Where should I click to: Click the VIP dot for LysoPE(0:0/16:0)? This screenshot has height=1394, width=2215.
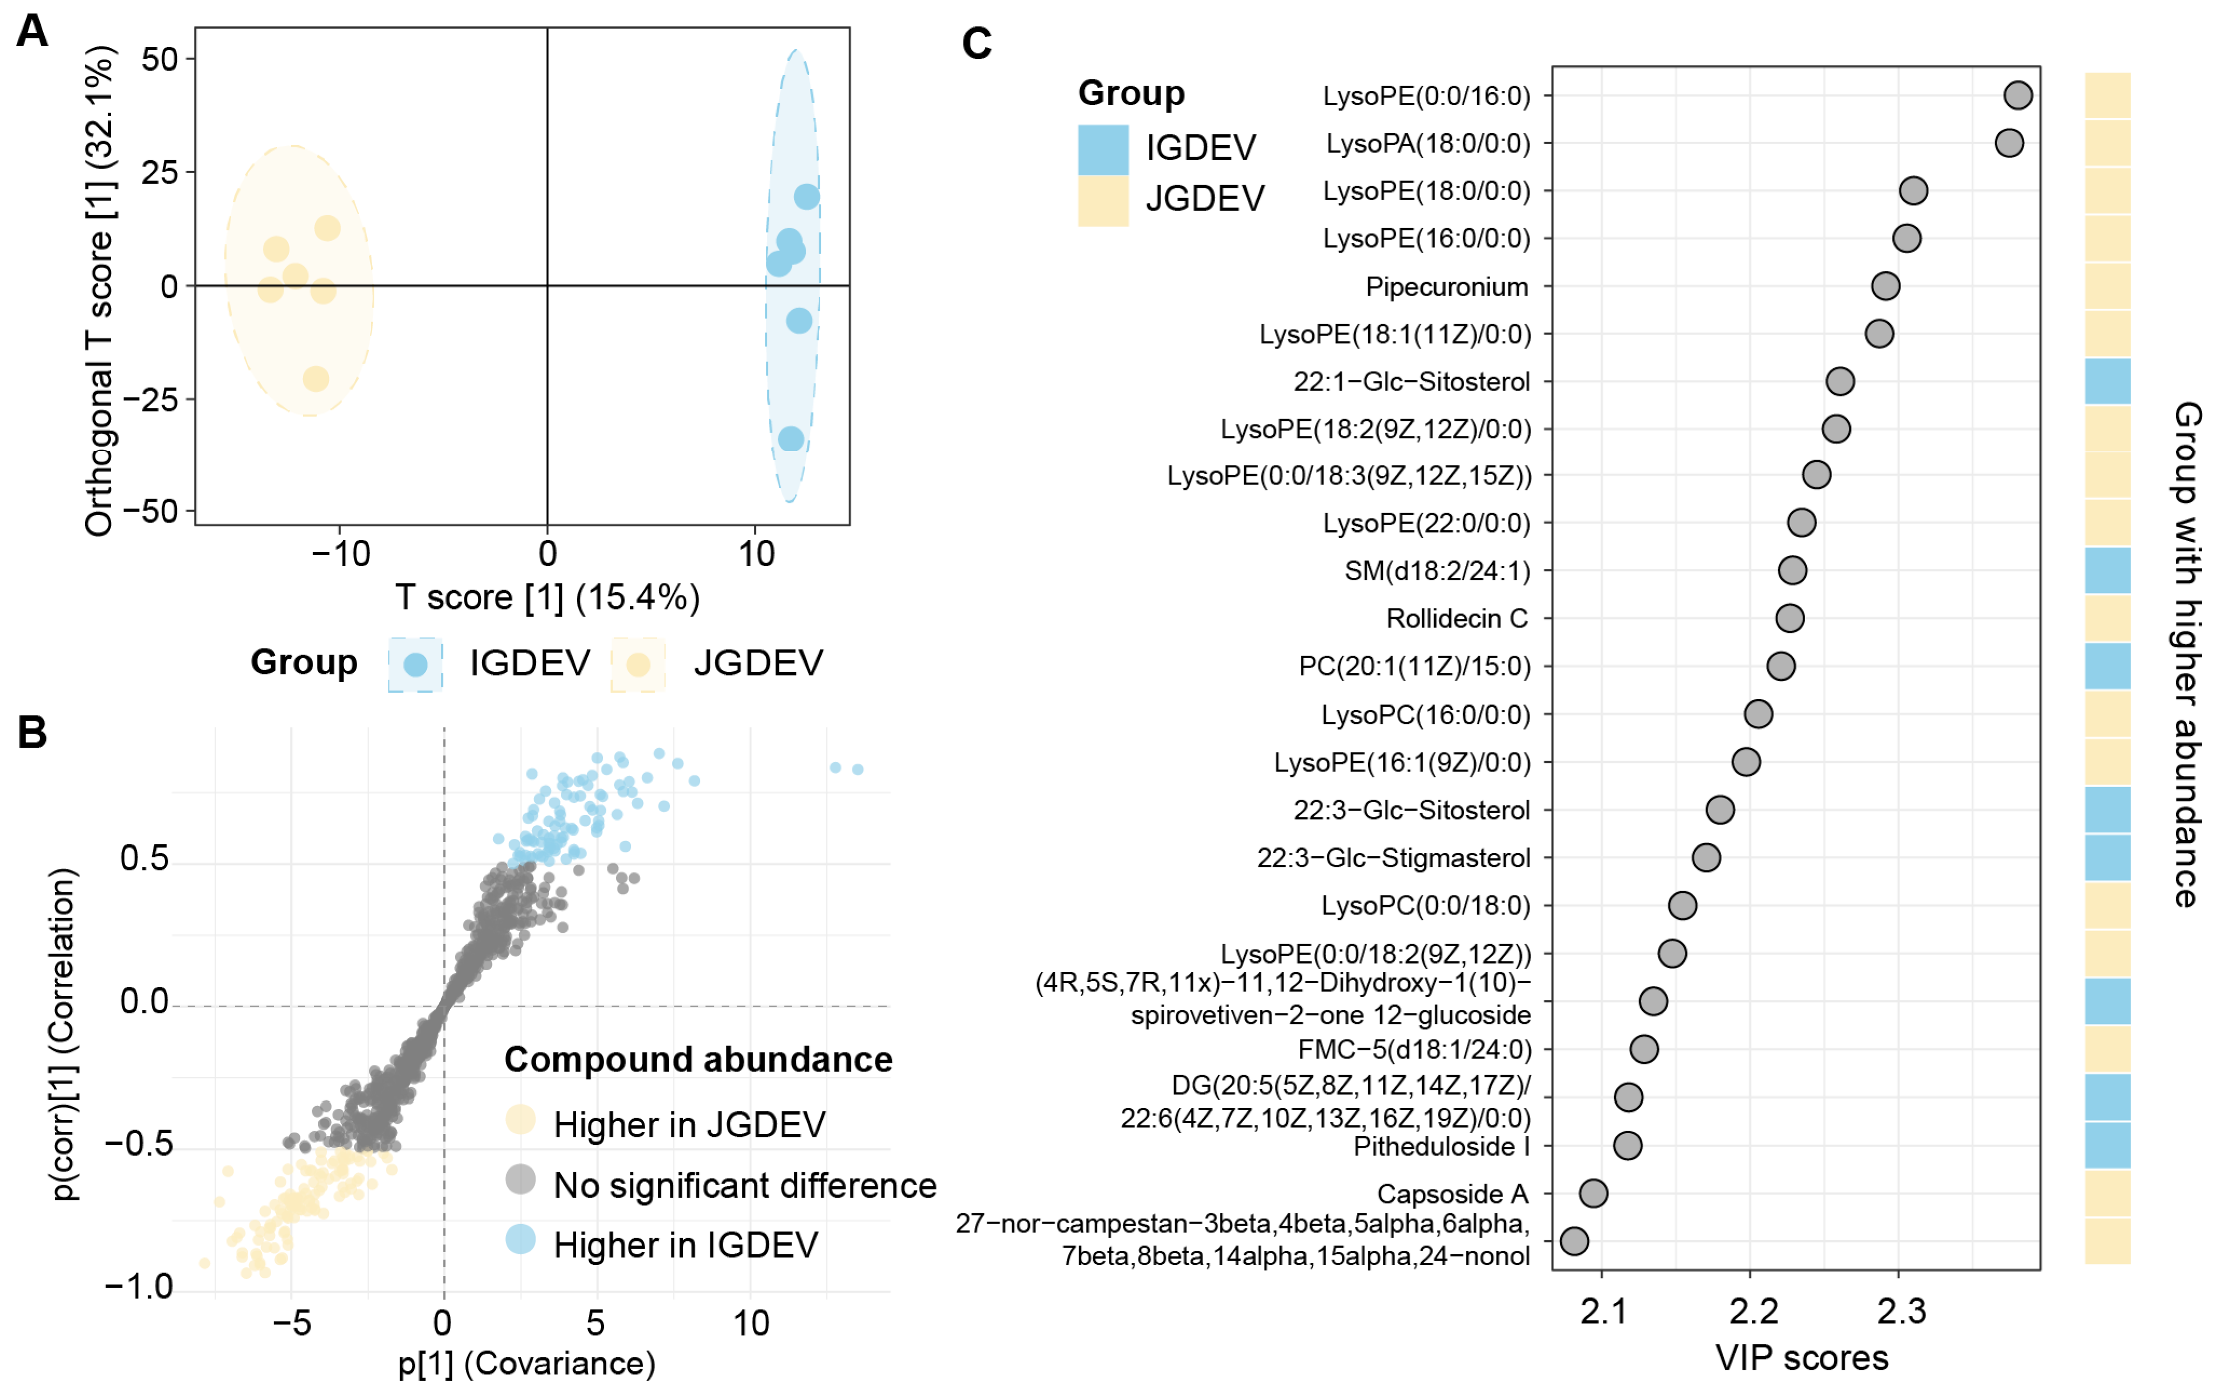2017,95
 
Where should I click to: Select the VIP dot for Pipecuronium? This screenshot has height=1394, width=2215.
1885,286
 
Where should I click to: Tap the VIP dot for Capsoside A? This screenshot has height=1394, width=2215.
1593,1193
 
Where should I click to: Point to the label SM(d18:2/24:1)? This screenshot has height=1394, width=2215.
1437,570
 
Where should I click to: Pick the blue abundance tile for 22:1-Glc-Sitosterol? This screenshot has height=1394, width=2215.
2107,381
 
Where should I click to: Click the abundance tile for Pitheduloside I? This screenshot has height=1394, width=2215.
2107,1145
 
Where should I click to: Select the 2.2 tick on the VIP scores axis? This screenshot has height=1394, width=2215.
1751,1311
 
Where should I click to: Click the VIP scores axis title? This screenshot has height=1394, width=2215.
1801,1358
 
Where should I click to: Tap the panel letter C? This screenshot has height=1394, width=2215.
976,43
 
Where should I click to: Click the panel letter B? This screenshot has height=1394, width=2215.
32,733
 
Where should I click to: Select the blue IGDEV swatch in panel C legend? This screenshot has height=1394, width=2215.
1103,149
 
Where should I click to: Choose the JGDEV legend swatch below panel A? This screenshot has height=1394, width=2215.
637,664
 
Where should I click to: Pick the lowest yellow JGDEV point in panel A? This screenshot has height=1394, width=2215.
316,378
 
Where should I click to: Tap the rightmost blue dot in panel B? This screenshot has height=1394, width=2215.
858,769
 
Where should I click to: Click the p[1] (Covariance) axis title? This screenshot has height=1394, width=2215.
526,1363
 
